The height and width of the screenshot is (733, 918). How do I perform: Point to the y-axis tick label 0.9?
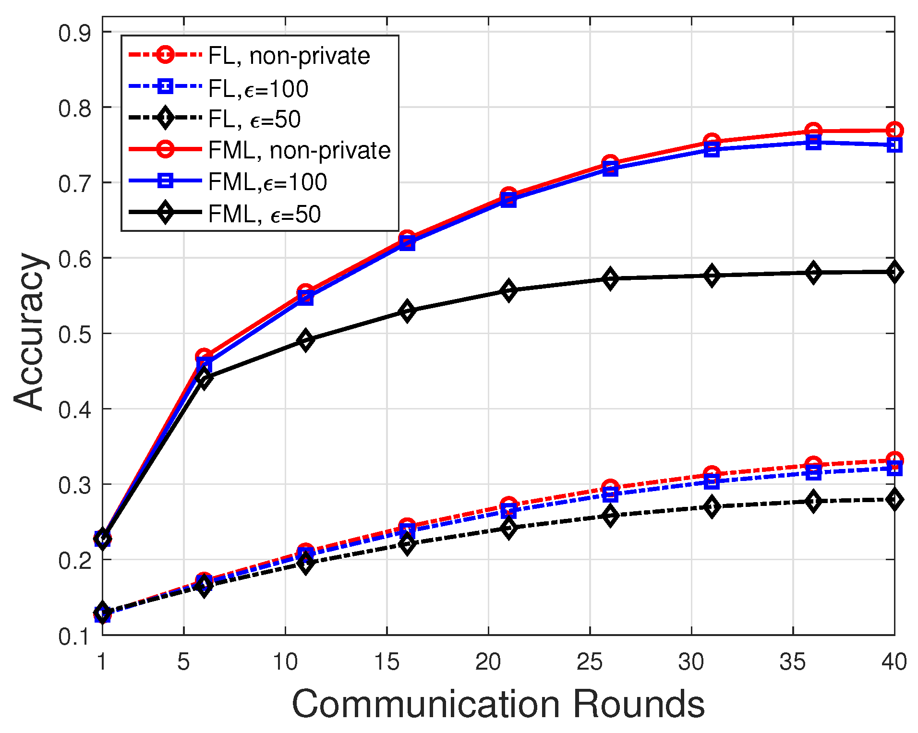74,34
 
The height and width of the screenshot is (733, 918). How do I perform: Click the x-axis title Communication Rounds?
498,704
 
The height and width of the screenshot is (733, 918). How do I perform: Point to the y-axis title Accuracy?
30,331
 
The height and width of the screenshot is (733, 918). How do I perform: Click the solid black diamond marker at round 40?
894,272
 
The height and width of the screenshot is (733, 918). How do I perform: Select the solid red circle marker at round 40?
894,130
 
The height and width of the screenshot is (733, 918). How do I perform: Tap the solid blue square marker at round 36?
813,143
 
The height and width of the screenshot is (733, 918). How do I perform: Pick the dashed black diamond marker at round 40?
894,500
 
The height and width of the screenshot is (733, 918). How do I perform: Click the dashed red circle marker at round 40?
894,460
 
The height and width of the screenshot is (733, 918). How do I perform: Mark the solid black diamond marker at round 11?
305,340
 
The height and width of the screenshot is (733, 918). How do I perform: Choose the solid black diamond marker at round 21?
508,290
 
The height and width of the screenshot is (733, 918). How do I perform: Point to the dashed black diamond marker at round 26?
610,516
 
